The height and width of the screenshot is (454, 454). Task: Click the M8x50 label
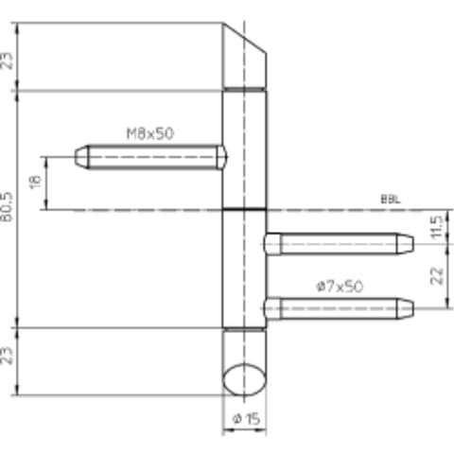coord(149,133)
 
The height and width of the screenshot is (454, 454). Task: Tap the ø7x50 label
coord(340,287)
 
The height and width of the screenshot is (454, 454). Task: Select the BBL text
coord(391,200)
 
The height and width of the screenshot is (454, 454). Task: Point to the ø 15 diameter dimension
coord(246,419)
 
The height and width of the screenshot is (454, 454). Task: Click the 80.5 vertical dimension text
coord(8,207)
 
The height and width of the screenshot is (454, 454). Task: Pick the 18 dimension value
coord(36,182)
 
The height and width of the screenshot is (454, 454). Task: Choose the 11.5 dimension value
coord(437,227)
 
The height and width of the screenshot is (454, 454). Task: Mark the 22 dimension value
coord(437,276)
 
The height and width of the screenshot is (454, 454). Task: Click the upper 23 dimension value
coord(8,61)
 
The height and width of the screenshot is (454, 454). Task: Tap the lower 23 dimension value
coord(8,356)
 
